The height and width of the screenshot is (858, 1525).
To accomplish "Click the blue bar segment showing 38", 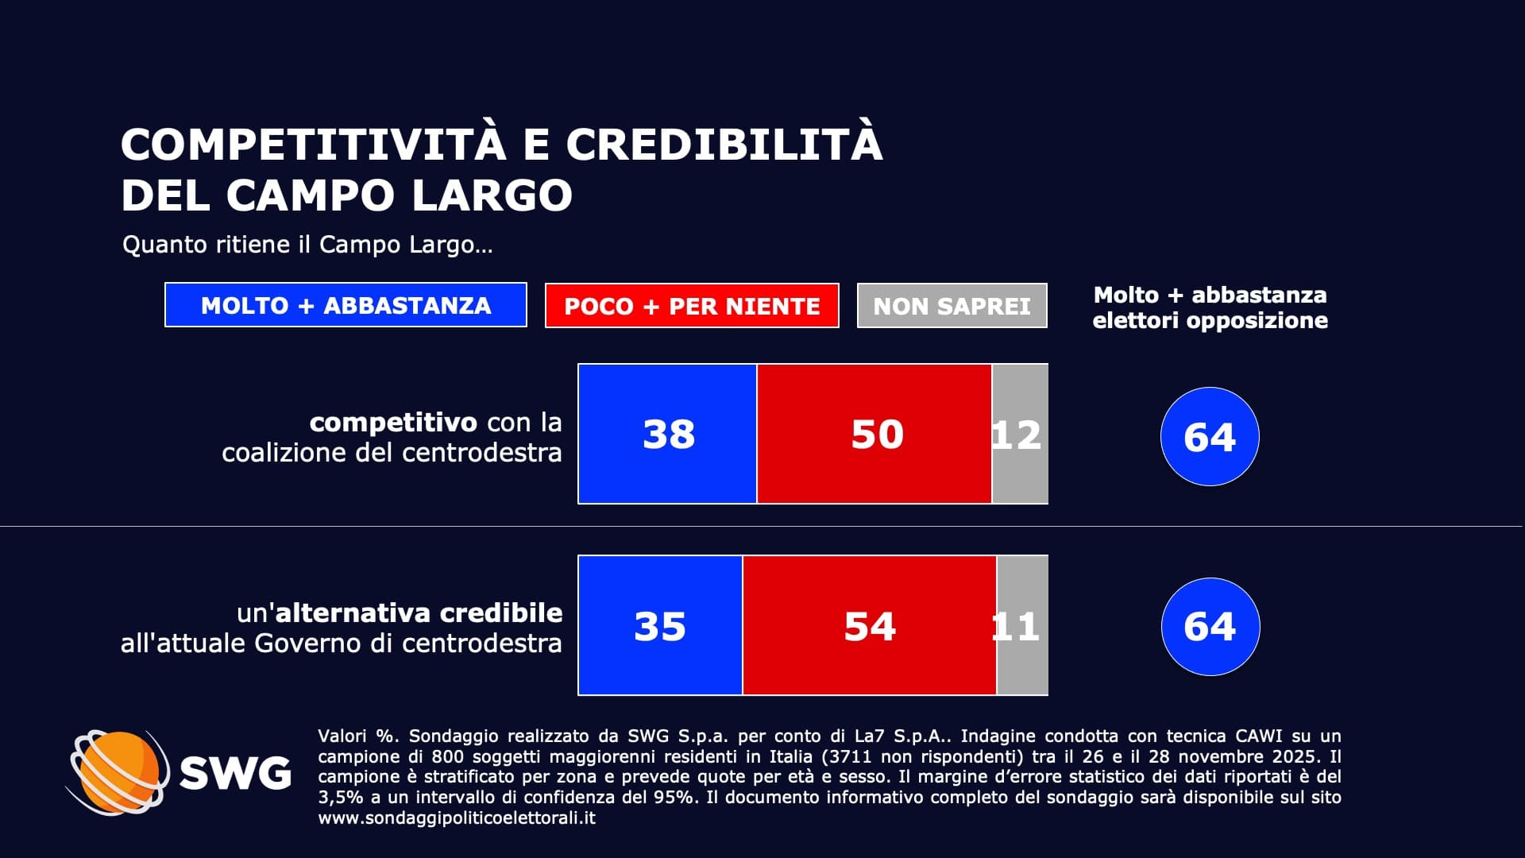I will [667, 434].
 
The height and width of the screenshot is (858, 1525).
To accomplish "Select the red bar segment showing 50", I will [874, 434].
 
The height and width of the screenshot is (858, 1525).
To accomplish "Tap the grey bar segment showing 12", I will [1021, 434].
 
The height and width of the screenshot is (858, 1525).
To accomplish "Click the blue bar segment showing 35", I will [660, 625].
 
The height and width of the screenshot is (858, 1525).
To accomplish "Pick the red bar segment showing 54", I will [870, 625].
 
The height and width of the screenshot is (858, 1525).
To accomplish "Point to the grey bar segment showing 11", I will [1022, 625].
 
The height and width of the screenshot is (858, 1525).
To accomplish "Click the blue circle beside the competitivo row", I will [1210, 436].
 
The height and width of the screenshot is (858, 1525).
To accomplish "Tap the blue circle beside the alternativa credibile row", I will [1210, 626].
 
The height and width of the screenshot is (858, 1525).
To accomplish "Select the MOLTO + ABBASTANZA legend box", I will [346, 305].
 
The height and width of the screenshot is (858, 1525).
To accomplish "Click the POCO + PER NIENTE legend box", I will [692, 306].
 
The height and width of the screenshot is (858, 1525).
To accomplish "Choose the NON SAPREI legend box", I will [952, 306].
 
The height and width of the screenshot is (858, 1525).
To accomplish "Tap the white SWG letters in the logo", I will [235, 773].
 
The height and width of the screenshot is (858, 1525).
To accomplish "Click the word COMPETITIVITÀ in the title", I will [313, 145].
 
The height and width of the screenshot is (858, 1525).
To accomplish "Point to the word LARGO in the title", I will [492, 195].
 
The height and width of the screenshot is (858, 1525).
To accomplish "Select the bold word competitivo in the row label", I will [393, 423].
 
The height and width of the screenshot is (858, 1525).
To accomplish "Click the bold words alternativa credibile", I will [419, 613].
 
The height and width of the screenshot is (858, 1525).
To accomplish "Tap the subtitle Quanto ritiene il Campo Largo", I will [307, 245].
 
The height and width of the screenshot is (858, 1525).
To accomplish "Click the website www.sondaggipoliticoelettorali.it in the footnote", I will [457, 818].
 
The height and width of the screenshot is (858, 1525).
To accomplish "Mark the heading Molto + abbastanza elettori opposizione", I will [1210, 307].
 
